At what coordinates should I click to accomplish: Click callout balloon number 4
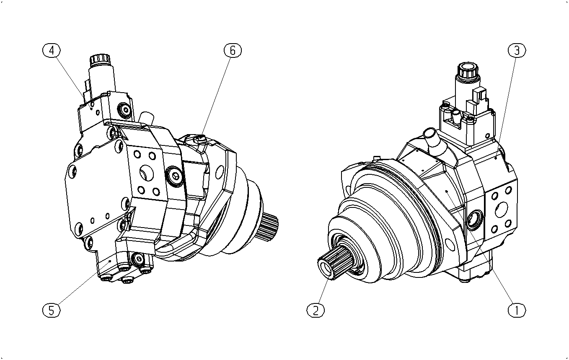coord(51,50)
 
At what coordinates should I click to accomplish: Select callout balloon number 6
coord(233,50)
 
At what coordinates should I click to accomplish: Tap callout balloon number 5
coord(51,310)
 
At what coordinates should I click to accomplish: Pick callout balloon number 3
coord(517,50)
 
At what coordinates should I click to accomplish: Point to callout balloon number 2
coord(316,310)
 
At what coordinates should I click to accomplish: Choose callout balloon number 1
coord(517,310)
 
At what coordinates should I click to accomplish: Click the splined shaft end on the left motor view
coord(269,227)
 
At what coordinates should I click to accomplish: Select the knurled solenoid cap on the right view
coord(468,70)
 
